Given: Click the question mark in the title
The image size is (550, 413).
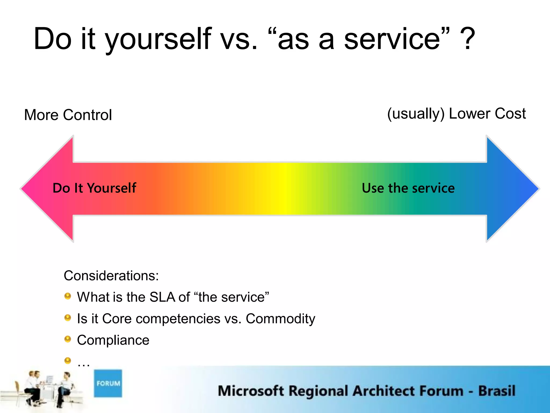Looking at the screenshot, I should coord(468,39).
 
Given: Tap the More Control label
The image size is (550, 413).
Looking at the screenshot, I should coord(68,115).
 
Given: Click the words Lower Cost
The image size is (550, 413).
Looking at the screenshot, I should coord(487,113).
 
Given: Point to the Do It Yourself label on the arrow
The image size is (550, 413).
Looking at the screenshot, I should coord(94,188).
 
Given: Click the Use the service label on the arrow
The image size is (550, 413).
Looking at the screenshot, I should coord(408,188).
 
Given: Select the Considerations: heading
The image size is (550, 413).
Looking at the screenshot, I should coord(111,276).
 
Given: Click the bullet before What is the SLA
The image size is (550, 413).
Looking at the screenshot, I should coord(68,296).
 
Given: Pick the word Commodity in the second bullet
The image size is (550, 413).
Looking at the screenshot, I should coord(280,319).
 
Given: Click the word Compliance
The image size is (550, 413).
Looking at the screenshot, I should coord(113,340).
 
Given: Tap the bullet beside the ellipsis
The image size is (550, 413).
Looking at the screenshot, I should coord(68,360).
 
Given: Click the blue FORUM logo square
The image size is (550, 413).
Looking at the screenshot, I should coord(108,383).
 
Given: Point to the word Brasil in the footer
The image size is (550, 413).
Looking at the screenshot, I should coord(497,391).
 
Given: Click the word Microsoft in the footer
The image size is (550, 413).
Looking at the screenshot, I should coord(251,391).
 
